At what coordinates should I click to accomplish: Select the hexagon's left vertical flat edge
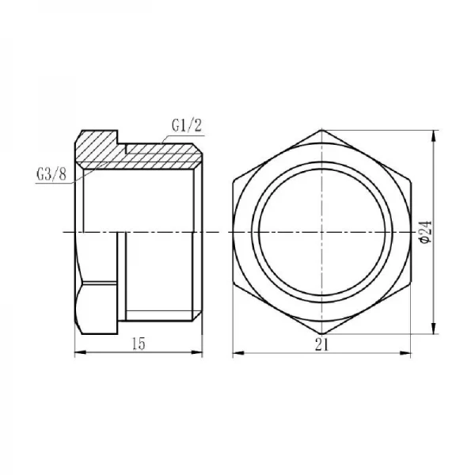tap(234, 231)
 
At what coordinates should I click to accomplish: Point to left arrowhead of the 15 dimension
tap(78, 352)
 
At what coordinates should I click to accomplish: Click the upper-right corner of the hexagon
tap(408, 181)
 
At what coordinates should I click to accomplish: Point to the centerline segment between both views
tap(215, 232)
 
